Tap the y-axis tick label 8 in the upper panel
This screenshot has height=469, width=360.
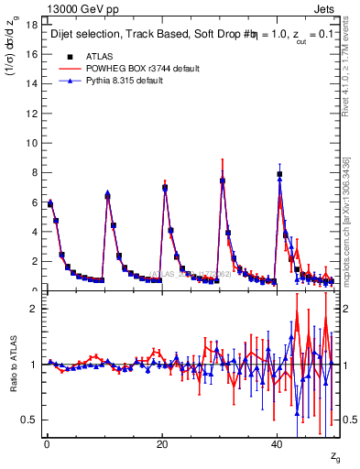pos(35,172)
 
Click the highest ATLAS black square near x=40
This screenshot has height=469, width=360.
pos(279,174)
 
